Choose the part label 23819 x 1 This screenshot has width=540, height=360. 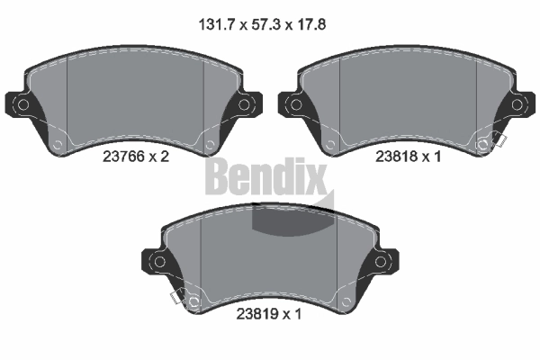tap(269, 315)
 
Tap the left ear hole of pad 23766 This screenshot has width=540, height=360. tap(23, 105)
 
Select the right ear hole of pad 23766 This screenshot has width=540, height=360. tap(246, 105)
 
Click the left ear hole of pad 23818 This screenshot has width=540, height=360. tap(293, 105)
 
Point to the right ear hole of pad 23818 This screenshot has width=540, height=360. tap(517, 105)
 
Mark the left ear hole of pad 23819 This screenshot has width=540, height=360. tap(158, 262)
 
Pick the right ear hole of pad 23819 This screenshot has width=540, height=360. tap(382, 262)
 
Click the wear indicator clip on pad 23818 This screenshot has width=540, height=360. tap(496, 142)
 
